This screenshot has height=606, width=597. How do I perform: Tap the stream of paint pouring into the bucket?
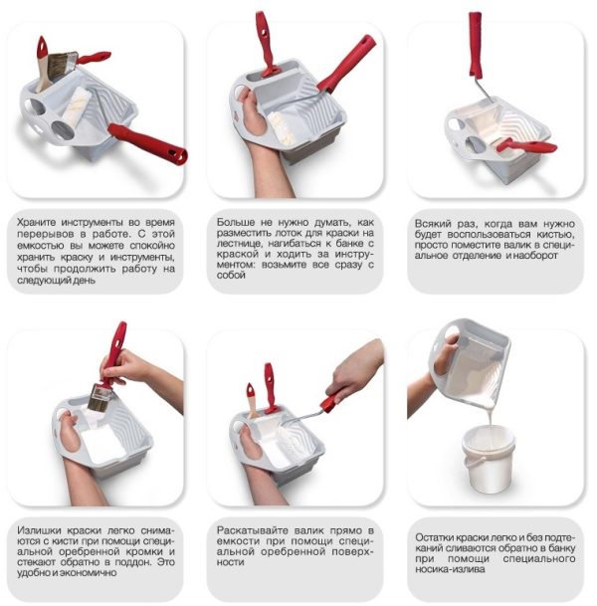click(490, 416)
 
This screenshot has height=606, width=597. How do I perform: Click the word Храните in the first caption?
click(37, 223)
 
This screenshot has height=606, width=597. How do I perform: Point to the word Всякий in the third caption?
click(431, 224)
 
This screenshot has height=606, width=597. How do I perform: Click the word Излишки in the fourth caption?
click(38, 530)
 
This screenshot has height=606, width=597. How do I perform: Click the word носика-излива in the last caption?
click(450, 569)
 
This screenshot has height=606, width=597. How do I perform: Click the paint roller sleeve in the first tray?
click(77, 105)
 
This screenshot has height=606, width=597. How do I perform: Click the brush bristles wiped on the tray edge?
click(99, 398)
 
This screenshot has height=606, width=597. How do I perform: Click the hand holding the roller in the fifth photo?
click(353, 374)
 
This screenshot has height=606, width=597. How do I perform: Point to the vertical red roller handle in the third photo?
click(476, 45)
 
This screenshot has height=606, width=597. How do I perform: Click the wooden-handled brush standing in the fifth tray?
click(252, 400)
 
